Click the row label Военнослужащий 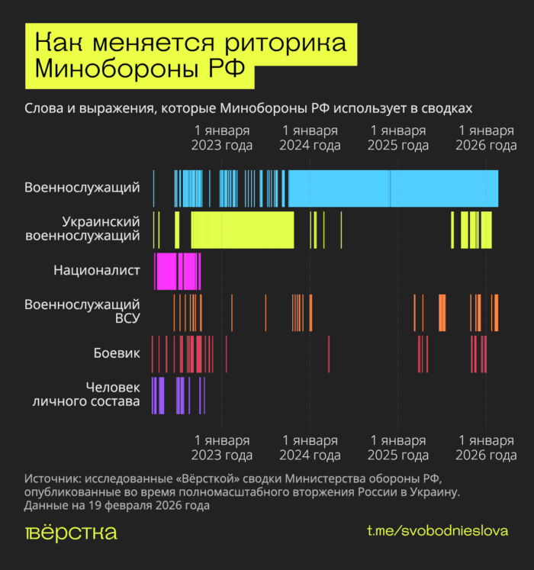click(x=82, y=187)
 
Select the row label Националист click(x=97, y=270)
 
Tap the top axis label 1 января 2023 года click(x=222, y=138)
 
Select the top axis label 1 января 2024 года click(x=310, y=138)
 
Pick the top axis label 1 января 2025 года click(x=397, y=138)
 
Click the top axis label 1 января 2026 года click(x=486, y=138)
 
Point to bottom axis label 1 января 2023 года click(x=222, y=448)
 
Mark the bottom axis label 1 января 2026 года click(x=486, y=448)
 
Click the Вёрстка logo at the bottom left click(x=71, y=532)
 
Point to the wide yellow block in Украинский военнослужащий click(x=242, y=230)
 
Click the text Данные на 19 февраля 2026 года click(x=117, y=505)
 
